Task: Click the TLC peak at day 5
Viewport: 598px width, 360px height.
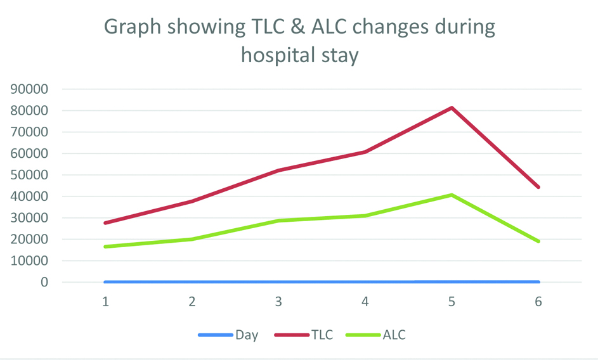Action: [x=452, y=108]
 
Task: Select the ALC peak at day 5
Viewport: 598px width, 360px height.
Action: [x=452, y=195]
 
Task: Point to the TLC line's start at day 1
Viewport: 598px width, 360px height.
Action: [x=105, y=223]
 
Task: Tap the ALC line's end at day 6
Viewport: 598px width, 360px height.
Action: [x=538, y=241]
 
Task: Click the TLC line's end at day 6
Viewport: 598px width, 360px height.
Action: [x=538, y=187]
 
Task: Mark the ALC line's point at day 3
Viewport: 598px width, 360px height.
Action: [x=278, y=221]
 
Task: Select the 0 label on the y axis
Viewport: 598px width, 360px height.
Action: [x=44, y=282]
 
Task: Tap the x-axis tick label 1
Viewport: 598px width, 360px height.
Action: [x=105, y=302]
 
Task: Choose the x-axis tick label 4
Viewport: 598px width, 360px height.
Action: [x=365, y=302]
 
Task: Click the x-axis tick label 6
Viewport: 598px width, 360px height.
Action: [x=538, y=302]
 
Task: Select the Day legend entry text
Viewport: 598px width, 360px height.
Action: [x=247, y=335]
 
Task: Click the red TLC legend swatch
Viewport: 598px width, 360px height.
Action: [x=291, y=335]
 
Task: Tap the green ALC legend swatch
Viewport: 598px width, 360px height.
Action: [x=363, y=335]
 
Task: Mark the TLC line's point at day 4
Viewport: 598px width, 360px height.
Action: [x=365, y=152]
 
